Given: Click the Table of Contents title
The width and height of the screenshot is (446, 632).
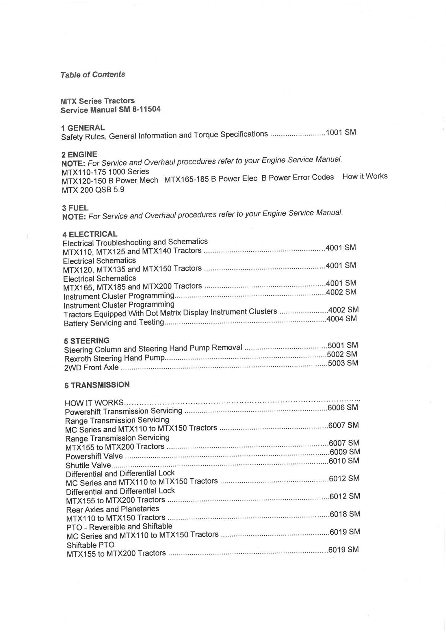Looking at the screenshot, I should (x=93, y=75).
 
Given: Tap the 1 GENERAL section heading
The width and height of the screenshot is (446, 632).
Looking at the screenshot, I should (x=83, y=128).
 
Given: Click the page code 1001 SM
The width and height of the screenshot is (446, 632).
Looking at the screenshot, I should (x=341, y=133).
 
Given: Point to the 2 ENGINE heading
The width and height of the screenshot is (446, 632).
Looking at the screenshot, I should (x=79, y=154).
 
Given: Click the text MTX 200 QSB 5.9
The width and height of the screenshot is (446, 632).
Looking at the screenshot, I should (x=93, y=190).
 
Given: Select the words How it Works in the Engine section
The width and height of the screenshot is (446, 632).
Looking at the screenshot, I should (x=365, y=176).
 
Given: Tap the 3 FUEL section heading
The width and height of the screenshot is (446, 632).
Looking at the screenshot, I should (x=75, y=208).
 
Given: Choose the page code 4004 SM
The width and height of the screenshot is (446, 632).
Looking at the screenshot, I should (x=342, y=319).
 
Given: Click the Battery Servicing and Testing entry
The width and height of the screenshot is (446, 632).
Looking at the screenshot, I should (x=114, y=323).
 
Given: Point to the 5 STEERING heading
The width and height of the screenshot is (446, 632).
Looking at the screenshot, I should (x=87, y=341).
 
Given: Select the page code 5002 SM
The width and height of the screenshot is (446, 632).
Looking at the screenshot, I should (x=342, y=354).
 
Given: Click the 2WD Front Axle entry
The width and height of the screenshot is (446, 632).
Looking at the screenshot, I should (x=91, y=368).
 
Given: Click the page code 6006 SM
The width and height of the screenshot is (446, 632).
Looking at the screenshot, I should (x=343, y=408).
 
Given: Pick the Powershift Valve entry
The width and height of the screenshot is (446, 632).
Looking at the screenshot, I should (x=94, y=456).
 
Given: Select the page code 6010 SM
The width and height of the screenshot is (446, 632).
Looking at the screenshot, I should (x=344, y=461).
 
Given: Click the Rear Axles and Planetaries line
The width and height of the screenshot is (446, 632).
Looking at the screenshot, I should (x=113, y=509).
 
